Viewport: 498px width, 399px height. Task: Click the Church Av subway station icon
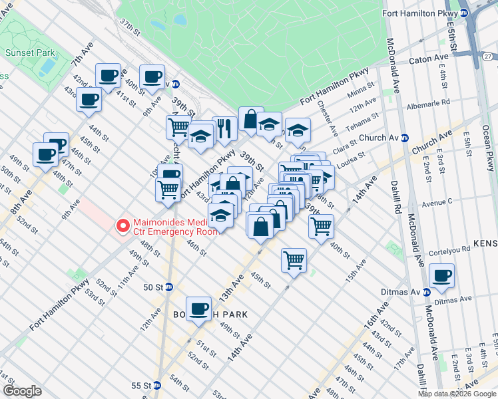(x=404, y=138)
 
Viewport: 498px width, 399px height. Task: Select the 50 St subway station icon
(x=169, y=287)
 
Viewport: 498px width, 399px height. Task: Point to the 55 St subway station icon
(x=157, y=386)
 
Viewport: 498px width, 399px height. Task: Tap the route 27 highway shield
(x=488, y=57)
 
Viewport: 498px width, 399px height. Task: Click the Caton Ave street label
(x=432, y=59)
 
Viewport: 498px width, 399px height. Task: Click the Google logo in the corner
(x=22, y=391)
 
